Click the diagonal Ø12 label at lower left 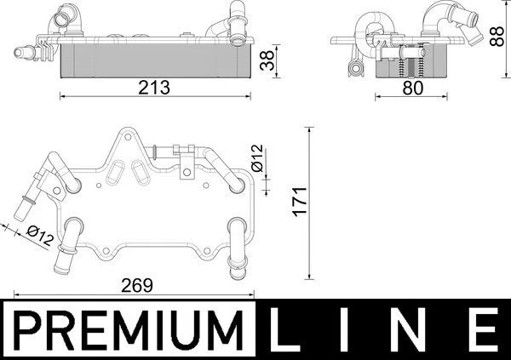(x=40, y=235)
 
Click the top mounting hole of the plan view (x=124, y=135)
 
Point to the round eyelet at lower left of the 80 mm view (x=349, y=68)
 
